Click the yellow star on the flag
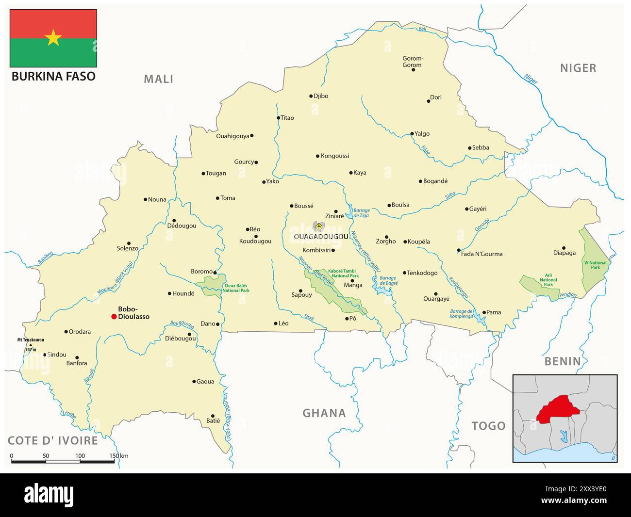[53, 37]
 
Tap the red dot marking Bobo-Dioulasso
[114, 317]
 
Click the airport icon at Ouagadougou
[318, 226]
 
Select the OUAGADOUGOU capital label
[321, 237]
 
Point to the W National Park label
[595, 265]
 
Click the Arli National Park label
[548, 280]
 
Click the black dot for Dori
[428, 101]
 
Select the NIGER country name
[578, 68]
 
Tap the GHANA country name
[324, 413]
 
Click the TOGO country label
[488, 426]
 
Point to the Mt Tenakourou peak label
[31, 340]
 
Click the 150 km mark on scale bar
[115, 456]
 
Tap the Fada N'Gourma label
[482, 254]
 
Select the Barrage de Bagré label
[389, 280]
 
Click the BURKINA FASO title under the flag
[53, 76]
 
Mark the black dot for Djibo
[311, 96]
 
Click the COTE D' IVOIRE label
[53, 440]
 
